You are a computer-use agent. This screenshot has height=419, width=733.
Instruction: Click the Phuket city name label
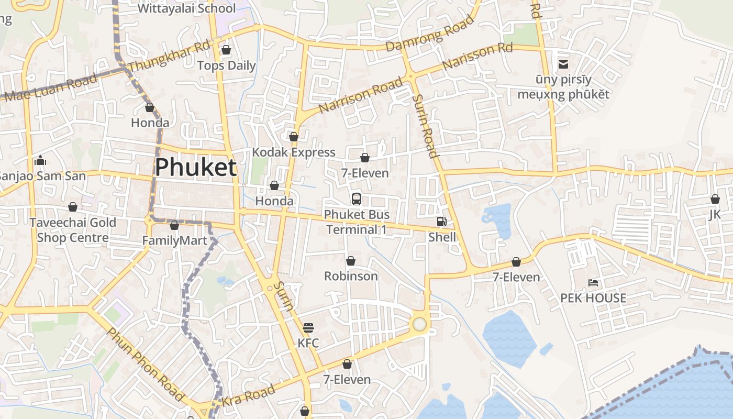pos(196,168)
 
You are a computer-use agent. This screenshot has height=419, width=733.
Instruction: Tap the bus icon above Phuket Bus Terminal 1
pos(357,199)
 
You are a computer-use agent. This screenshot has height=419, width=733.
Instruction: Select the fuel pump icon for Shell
pos(442,222)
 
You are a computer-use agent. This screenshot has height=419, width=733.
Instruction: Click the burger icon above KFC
pos(308,328)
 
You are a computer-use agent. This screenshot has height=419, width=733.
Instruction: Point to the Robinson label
pos(351,276)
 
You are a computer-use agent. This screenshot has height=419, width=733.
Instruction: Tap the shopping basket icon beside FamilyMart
pos(174,225)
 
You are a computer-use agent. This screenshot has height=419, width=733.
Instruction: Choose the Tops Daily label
pos(226,65)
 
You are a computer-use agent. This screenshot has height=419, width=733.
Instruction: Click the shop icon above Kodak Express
pos(294,137)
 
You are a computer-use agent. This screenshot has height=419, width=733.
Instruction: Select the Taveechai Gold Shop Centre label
pos(73,230)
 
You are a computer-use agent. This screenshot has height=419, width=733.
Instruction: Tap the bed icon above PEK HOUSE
pos(593,283)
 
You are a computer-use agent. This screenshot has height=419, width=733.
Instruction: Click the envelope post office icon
pos(563,64)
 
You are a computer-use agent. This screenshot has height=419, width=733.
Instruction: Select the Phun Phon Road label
pos(145,365)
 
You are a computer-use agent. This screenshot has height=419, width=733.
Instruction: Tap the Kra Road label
pos(249,396)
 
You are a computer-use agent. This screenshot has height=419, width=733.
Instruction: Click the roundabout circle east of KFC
pos(419,324)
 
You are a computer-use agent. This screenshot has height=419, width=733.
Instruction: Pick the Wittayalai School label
pos(186,8)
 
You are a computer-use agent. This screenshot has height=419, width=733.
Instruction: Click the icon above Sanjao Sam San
pos(40,160)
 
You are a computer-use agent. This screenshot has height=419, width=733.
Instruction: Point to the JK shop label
pos(715,215)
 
